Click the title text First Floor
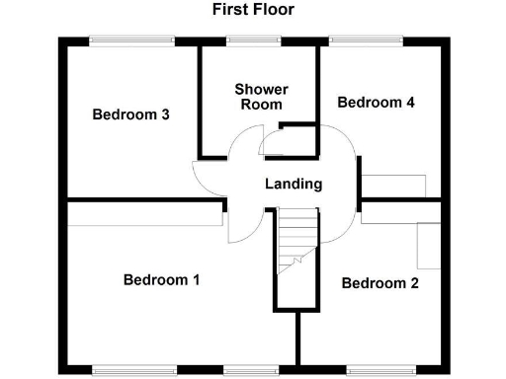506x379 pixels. (x=253, y=10)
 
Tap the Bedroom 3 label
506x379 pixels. (x=131, y=114)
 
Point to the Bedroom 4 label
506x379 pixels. (x=376, y=103)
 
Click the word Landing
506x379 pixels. (x=294, y=184)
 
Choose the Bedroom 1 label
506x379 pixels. (x=162, y=279)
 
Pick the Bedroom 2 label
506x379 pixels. (x=379, y=284)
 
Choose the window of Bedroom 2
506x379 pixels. (x=375, y=371)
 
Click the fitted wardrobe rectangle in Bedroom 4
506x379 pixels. (x=392, y=186)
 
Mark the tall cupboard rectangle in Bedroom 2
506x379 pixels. (x=429, y=245)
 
